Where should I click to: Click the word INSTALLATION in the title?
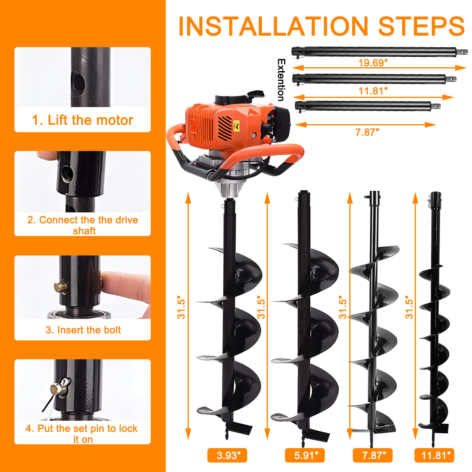(273, 27)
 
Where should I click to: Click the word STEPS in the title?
(421, 27)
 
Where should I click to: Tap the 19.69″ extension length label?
(373, 63)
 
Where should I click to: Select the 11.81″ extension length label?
(373, 91)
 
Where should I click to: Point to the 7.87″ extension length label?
(367, 132)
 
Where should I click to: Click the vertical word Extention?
(281, 80)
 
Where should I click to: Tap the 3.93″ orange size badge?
(227, 455)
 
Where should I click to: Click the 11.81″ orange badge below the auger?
(434, 455)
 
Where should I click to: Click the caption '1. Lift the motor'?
(83, 120)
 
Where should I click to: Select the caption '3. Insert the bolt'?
(83, 330)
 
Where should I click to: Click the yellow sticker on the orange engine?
(236, 125)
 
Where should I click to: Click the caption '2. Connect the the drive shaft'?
(83, 225)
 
